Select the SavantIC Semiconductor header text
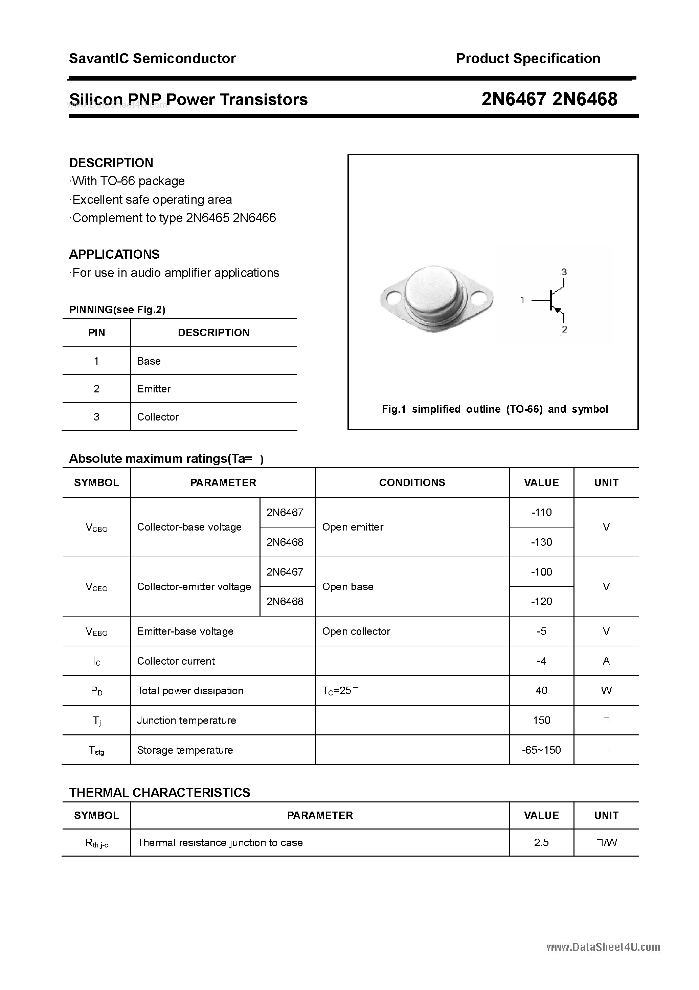click(x=152, y=59)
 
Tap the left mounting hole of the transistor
click(x=394, y=298)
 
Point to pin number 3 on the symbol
click(x=564, y=273)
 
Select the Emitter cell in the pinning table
click(x=154, y=389)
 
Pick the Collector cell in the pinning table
click(x=158, y=417)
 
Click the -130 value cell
click(x=541, y=542)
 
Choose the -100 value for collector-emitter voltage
click(x=541, y=572)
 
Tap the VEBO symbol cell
click(x=96, y=632)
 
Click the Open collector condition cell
click(x=356, y=631)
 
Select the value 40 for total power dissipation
click(x=541, y=691)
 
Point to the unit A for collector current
click(x=606, y=661)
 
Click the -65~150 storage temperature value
click(x=541, y=750)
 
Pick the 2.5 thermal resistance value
click(x=541, y=842)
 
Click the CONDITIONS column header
click(x=412, y=482)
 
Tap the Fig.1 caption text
click(x=495, y=409)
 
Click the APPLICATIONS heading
click(x=114, y=254)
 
